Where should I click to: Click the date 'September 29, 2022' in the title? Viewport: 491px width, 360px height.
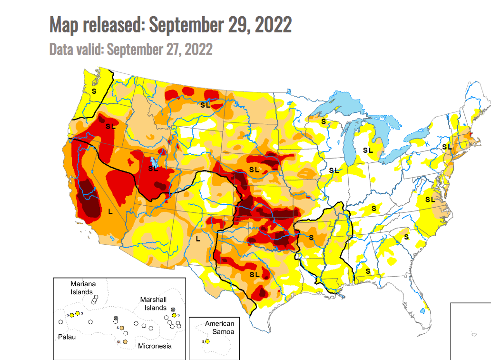click(x=220, y=25)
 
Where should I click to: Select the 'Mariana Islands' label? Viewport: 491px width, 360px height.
click(x=83, y=288)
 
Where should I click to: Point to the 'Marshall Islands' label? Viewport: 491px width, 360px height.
click(x=153, y=303)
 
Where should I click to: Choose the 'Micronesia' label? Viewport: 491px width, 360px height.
click(x=155, y=346)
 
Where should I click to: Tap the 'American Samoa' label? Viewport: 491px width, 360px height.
click(x=219, y=327)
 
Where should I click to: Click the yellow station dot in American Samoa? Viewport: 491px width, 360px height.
click(x=207, y=341)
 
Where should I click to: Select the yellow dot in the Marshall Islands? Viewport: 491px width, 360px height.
click(x=174, y=315)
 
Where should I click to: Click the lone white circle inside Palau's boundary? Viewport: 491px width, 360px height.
click(x=61, y=322)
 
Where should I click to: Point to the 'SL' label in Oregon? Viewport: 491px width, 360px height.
click(x=111, y=126)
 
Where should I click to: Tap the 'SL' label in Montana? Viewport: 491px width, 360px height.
click(x=206, y=104)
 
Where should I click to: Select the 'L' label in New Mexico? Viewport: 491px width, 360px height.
click(x=198, y=239)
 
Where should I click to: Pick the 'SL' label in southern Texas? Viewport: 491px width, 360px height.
click(x=255, y=274)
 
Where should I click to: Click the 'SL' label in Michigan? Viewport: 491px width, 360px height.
click(x=368, y=150)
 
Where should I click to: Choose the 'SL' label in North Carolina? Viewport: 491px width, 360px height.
click(x=430, y=200)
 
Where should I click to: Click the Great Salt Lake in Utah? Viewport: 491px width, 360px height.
click(x=153, y=160)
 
